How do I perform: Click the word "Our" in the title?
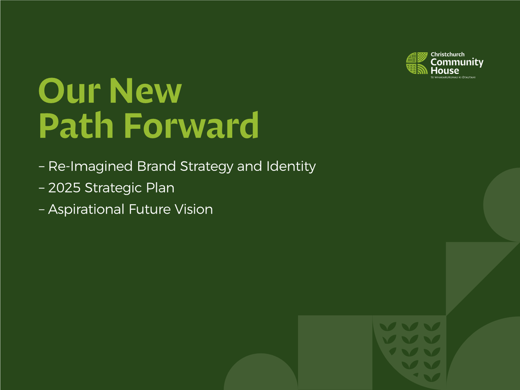[70, 91]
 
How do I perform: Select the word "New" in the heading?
[145, 91]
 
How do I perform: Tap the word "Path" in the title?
[76, 125]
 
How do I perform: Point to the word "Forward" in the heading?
[191, 125]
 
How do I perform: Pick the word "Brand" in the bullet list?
[156, 166]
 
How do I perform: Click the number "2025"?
[64, 188]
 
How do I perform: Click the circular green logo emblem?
[417, 63]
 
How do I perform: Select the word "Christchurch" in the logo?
[447, 54]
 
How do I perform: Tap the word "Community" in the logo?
[457, 63]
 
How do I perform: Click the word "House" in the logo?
[445, 71]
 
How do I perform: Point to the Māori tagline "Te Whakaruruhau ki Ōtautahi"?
[453, 77]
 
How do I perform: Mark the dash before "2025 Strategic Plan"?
[42, 188]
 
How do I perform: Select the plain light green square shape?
[335, 353]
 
